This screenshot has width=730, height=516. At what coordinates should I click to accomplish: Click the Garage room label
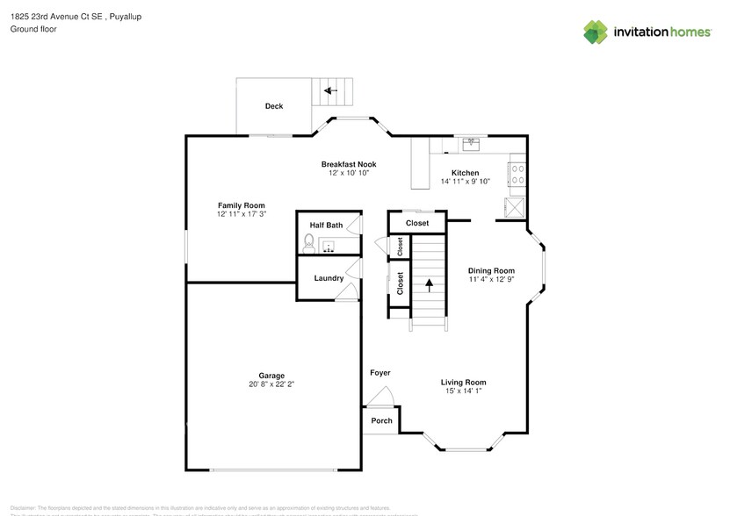(x=271, y=376)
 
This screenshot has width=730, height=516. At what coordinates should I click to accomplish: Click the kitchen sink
(x=472, y=141)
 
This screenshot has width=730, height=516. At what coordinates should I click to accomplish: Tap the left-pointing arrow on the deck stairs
(x=330, y=90)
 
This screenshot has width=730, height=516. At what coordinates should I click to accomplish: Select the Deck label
(x=274, y=106)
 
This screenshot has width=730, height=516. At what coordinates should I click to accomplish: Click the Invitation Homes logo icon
(x=596, y=32)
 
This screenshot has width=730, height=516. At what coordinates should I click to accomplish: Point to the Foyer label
(x=379, y=373)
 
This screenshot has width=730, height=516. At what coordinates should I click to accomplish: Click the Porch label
(x=381, y=421)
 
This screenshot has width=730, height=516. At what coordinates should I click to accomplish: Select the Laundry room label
(x=329, y=278)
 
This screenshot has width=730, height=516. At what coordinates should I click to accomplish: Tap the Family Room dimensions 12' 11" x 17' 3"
(x=242, y=214)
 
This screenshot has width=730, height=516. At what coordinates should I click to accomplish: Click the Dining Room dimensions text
(x=491, y=280)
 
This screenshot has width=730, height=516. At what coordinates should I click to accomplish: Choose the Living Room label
(x=463, y=382)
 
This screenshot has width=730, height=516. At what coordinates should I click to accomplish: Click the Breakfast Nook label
(x=348, y=164)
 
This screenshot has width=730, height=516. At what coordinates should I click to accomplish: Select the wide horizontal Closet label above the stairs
(x=418, y=223)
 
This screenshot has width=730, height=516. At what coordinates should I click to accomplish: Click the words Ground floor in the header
(x=33, y=29)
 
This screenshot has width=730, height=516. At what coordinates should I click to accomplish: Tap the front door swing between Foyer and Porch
(x=379, y=399)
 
